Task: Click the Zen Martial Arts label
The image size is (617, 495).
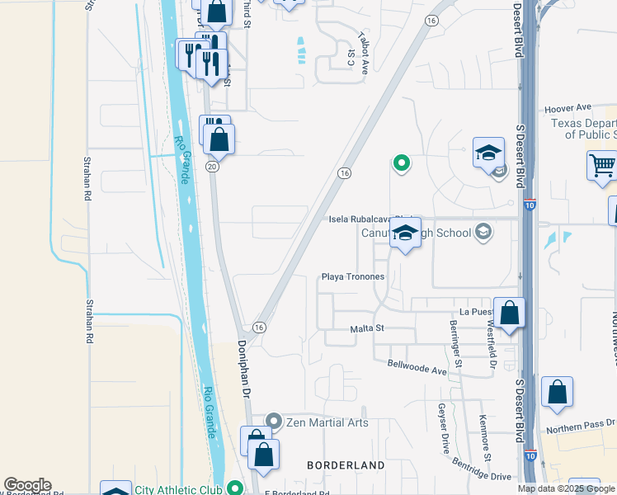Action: click(x=327, y=422)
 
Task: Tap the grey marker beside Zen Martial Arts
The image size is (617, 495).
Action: click(x=274, y=422)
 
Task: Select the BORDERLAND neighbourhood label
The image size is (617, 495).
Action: click(x=346, y=465)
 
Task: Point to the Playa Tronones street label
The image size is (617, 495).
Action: click(x=353, y=276)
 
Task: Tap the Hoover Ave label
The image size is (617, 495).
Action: click(x=568, y=107)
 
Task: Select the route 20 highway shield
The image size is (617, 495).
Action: click(x=212, y=167)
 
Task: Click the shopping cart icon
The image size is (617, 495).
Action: click(x=602, y=165)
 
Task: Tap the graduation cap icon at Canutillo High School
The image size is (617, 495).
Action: click(x=405, y=233)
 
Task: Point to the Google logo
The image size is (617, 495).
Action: click(x=27, y=485)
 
